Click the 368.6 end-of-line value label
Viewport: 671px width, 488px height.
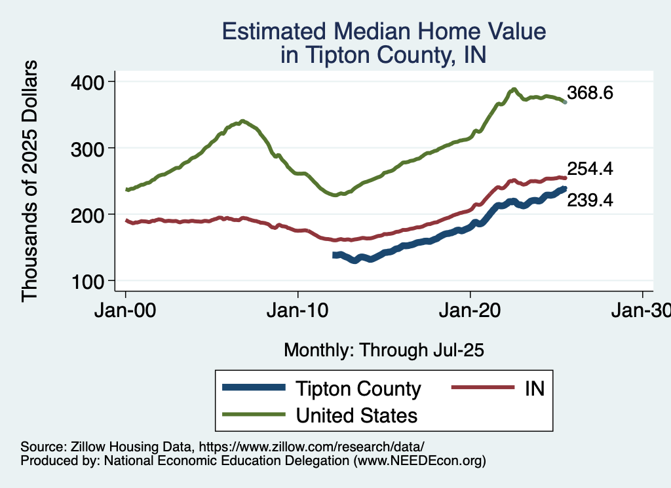pos(590,93)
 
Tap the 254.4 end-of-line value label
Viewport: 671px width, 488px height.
pos(590,169)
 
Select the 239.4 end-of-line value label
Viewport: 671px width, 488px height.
pos(590,200)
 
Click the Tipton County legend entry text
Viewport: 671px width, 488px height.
pos(358,388)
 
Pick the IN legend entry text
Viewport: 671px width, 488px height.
pos(535,388)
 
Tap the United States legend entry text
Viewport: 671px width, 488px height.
pos(356,415)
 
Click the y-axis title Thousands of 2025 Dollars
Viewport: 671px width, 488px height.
pos(30,180)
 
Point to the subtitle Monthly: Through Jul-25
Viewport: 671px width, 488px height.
pos(383,350)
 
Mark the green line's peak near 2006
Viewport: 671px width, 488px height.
pos(242,121)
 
